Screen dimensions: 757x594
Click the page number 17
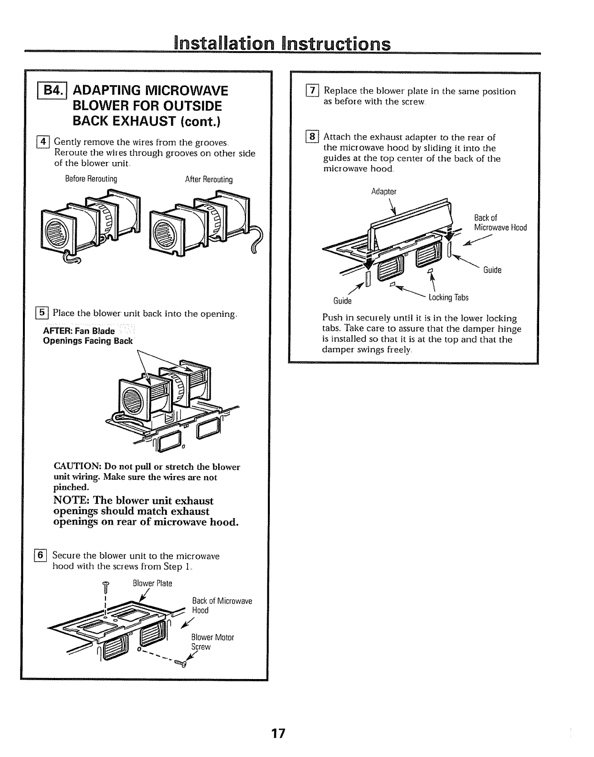pyautogui.click(x=278, y=733)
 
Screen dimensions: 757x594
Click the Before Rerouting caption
pyautogui.click(x=91, y=179)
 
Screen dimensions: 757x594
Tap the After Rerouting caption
pyautogui.click(x=209, y=180)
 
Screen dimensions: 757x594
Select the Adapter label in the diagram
pyautogui.click(x=384, y=192)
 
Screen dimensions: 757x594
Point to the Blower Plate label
pyautogui.click(x=152, y=584)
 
